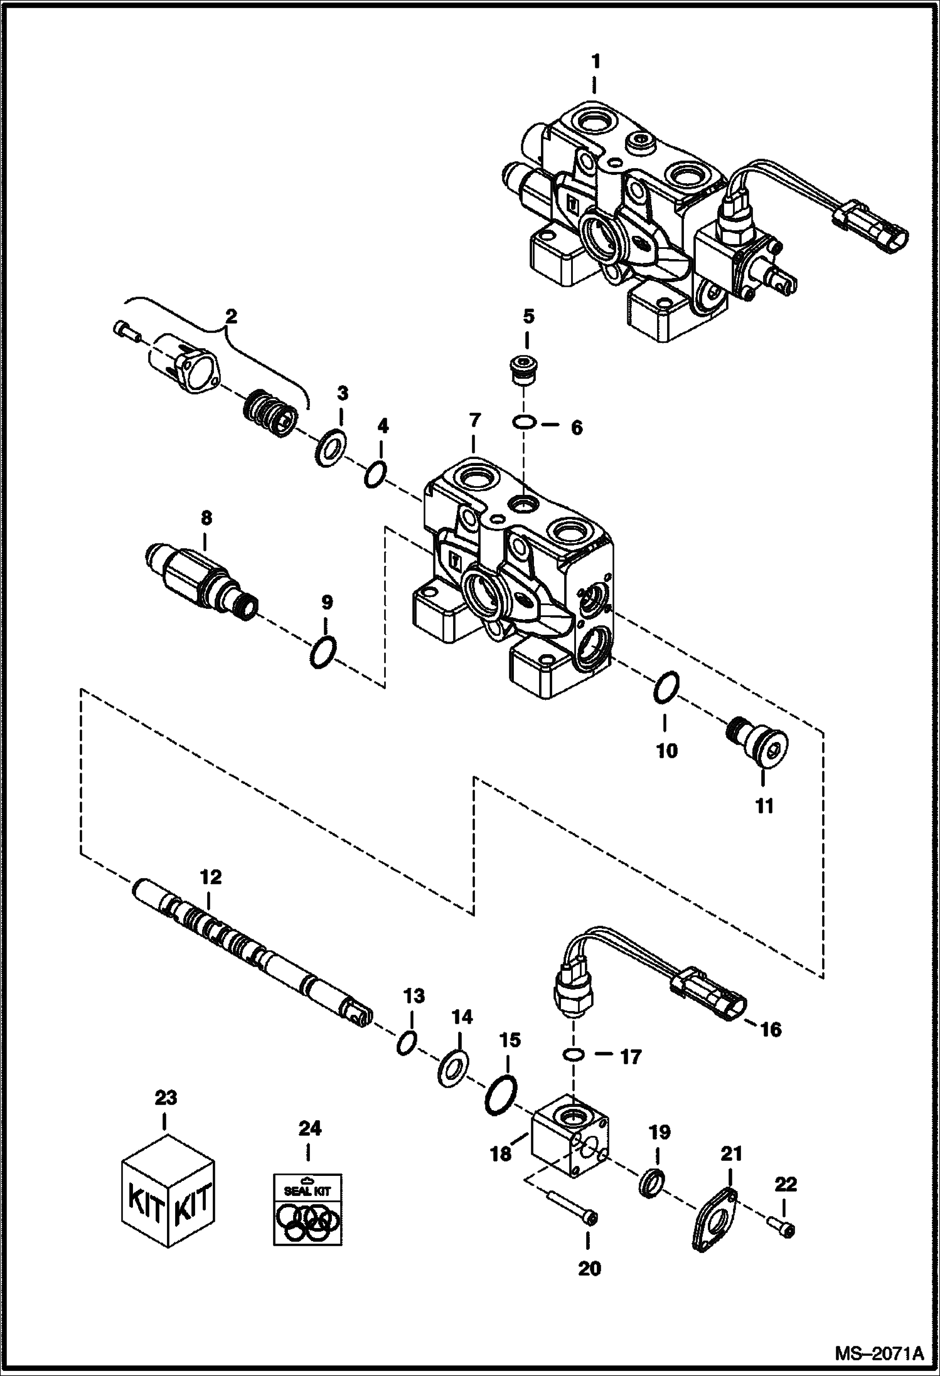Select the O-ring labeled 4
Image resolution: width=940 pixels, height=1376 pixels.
tap(375, 475)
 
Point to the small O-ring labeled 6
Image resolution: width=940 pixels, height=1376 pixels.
tap(523, 423)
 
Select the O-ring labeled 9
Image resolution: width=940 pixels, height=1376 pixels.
tap(324, 653)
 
